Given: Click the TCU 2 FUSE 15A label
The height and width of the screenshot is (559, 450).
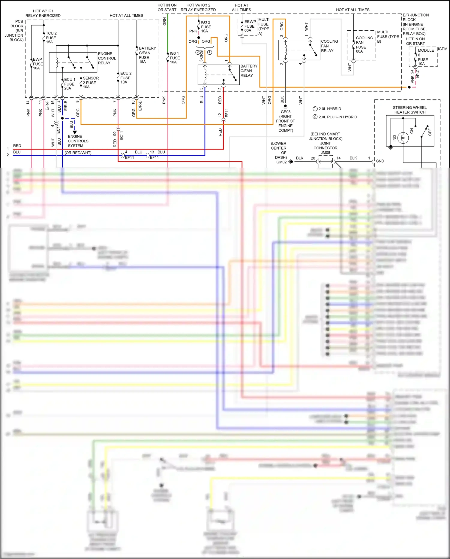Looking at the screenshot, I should click(51, 38).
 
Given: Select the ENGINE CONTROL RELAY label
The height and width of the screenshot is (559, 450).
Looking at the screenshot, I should click(107, 58).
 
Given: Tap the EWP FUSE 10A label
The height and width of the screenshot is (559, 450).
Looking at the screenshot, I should click(38, 64).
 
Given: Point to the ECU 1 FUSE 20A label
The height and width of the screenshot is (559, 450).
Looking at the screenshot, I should click(70, 84).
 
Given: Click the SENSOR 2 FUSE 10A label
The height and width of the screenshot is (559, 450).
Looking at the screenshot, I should click(90, 82).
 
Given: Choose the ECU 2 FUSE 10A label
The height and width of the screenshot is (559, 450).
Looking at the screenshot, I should click(125, 77).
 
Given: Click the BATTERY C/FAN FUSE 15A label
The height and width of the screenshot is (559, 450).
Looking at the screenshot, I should click(147, 55).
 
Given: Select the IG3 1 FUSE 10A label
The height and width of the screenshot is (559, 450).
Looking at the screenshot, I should click(175, 58).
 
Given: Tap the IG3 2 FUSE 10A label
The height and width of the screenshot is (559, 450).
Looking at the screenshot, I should click(206, 26).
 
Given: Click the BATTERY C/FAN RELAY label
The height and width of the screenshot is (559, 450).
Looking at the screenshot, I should click(249, 71).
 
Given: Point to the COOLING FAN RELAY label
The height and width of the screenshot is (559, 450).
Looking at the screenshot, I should click(329, 46).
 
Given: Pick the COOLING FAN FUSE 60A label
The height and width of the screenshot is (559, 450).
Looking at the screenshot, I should click(364, 44).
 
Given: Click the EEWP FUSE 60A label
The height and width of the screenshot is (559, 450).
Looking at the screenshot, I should click(250, 26).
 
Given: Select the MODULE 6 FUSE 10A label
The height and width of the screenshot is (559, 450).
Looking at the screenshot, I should click(425, 57).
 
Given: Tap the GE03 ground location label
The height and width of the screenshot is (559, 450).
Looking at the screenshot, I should click(285, 121).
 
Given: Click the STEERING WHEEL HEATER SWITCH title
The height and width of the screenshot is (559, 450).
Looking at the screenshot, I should click(409, 110).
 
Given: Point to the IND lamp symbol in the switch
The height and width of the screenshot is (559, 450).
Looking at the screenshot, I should click(403, 138).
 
